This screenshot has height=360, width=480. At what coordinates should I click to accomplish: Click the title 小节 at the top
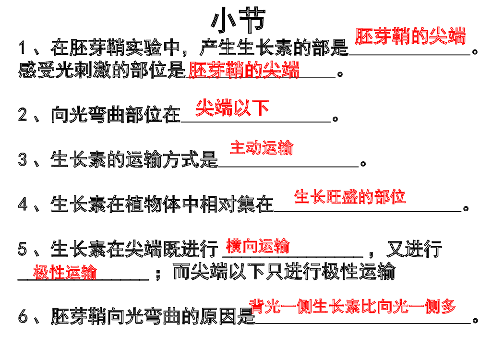[238, 20]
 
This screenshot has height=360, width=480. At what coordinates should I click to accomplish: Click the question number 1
[22, 48]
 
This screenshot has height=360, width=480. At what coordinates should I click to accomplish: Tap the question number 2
[23, 115]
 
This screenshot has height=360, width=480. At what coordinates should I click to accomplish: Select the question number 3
[23, 159]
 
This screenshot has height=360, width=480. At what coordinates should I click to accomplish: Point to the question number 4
[23, 204]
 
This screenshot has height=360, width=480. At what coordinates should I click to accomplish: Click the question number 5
[23, 249]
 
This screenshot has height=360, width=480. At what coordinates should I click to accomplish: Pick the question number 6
[23, 316]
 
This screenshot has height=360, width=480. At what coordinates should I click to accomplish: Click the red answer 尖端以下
[232, 108]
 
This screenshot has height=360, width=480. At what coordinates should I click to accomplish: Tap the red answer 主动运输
[262, 147]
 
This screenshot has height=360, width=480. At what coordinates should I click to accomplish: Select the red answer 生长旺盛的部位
[349, 196]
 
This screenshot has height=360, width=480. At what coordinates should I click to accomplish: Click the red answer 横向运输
[258, 246]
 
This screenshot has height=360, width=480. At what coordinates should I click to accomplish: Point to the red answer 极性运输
[65, 272]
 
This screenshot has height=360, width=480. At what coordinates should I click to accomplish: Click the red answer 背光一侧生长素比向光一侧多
[353, 306]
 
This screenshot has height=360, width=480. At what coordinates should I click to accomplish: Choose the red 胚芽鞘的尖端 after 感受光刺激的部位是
[244, 70]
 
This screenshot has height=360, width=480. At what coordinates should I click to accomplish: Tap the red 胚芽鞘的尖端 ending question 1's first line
[410, 36]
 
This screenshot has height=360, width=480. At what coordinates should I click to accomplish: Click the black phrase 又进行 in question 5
[415, 249]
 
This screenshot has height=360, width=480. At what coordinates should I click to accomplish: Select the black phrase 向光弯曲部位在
[116, 115]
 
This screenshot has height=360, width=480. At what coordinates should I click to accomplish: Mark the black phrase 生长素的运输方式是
[134, 159]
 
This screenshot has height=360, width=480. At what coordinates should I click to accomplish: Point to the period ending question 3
[363, 164]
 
